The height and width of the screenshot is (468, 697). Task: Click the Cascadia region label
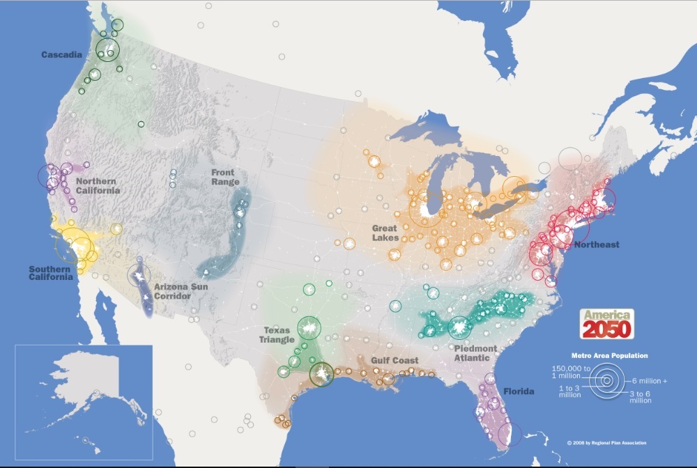62,54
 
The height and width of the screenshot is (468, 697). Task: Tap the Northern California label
97,186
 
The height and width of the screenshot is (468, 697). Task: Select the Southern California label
50,273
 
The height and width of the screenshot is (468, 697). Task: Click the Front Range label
224,178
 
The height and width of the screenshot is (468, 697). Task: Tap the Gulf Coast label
395,360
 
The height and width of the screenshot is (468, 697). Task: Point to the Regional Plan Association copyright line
606,443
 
